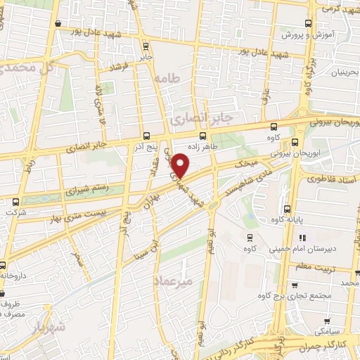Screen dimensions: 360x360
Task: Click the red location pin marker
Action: [182, 166]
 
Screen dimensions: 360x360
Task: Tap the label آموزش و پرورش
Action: [302, 34]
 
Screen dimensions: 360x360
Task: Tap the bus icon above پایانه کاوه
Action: [288, 208]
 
